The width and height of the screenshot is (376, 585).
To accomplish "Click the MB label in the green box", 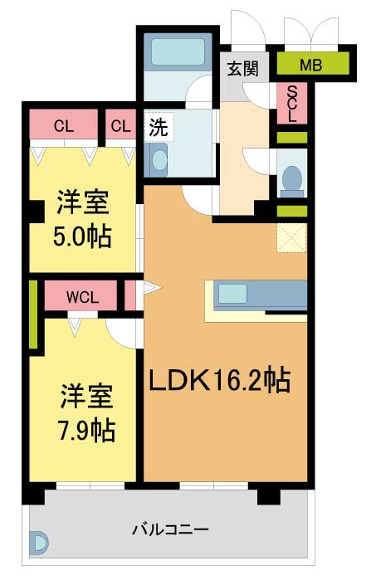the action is point(310,66).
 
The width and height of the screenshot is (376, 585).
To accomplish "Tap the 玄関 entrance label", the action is point(243,69).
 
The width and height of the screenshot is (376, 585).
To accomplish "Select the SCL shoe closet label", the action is point(292,104).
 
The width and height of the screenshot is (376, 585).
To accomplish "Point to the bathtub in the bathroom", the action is point(178,52).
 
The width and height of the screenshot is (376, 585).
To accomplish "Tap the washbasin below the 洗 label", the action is point(159,160).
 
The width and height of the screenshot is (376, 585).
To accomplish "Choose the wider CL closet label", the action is point(64,126).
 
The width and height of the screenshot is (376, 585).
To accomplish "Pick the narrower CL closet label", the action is point(121,126).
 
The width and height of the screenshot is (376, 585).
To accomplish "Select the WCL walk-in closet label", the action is point(82,297).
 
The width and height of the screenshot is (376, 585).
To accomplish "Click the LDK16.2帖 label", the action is point(220,381).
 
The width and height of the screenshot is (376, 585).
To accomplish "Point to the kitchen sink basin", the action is point(232,294).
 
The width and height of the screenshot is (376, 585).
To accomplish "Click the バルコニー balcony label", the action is point(170,529).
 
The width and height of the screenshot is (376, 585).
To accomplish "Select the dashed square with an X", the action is point(291,238).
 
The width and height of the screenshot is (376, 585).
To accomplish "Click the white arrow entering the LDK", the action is point(152,288).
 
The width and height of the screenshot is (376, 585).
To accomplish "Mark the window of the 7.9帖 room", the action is point(90,485).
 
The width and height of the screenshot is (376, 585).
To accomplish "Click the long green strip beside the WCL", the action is point(33,314).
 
